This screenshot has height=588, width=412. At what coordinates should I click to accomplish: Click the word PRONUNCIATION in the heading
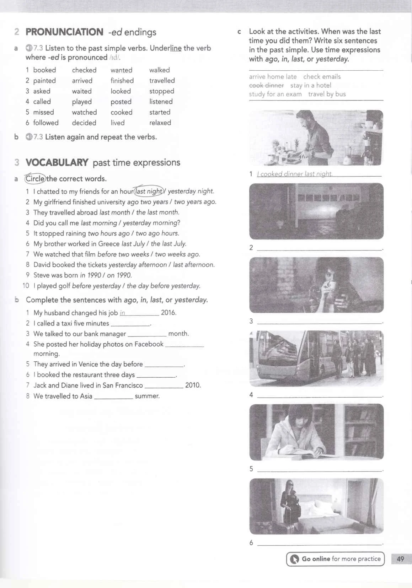click(64, 32)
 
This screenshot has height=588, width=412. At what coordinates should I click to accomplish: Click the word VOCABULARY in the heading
click(57, 163)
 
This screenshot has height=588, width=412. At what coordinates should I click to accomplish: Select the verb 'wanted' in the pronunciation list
click(121, 70)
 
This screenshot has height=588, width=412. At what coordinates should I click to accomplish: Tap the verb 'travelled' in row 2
click(162, 81)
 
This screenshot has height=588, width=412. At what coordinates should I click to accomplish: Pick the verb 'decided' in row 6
click(84, 123)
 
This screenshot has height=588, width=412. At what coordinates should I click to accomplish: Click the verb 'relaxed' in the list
click(160, 123)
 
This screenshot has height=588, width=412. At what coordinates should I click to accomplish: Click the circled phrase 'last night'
click(149, 191)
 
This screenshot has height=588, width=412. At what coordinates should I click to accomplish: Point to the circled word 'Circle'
click(35, 179)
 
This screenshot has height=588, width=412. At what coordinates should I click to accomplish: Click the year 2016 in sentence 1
click(168, 313)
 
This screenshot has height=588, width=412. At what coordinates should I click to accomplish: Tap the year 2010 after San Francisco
click(193, 385)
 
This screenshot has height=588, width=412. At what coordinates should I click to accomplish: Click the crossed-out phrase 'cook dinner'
click(266, 86)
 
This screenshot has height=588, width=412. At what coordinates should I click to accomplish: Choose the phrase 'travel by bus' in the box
click(327, 94)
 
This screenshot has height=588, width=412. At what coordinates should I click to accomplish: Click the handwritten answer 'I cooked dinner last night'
click(295, 174)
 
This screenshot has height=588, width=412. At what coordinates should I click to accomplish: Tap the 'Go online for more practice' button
click(335, 559)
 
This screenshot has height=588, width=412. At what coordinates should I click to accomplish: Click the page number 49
click(400, 559)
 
